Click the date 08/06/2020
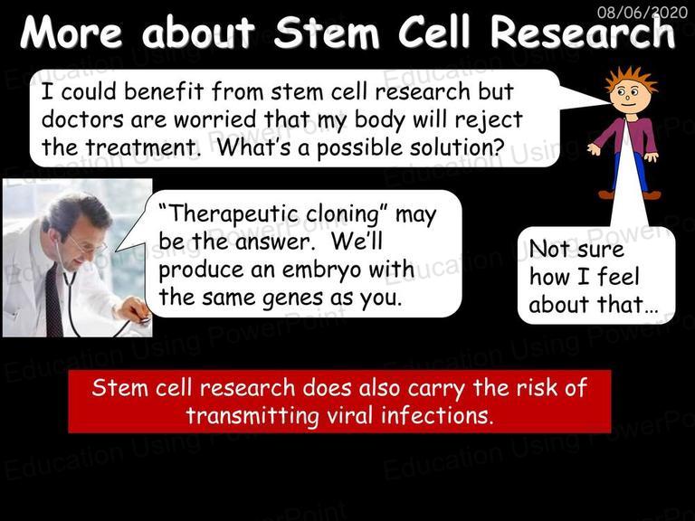click(643, 12)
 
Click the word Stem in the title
click(327, 33)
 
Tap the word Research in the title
click(583, 33)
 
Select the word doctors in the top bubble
click(82, 119)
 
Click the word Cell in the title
click(433, 33)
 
